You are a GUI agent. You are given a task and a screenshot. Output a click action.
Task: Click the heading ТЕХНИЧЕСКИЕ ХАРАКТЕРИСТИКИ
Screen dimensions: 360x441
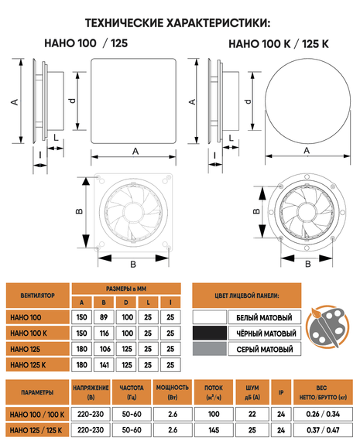pos(177,23)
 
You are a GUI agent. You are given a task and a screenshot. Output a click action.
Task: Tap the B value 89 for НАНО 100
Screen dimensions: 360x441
pos(104,317)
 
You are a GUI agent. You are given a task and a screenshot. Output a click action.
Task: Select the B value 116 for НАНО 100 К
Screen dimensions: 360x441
pos(104,333)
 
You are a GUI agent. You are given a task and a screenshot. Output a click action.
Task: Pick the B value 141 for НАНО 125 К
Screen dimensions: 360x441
pos(104,365)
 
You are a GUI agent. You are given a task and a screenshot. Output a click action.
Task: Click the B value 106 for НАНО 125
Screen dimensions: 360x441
pos(105,349)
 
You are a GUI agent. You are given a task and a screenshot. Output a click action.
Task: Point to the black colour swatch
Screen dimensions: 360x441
pos(210,333)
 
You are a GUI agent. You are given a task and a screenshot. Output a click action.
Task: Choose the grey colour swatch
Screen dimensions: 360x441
pos(210,349)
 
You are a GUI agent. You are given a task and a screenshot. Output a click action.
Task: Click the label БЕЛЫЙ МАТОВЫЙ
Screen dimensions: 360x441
pos(264,318)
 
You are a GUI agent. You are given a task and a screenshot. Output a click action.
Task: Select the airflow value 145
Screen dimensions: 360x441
pos(214,430)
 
